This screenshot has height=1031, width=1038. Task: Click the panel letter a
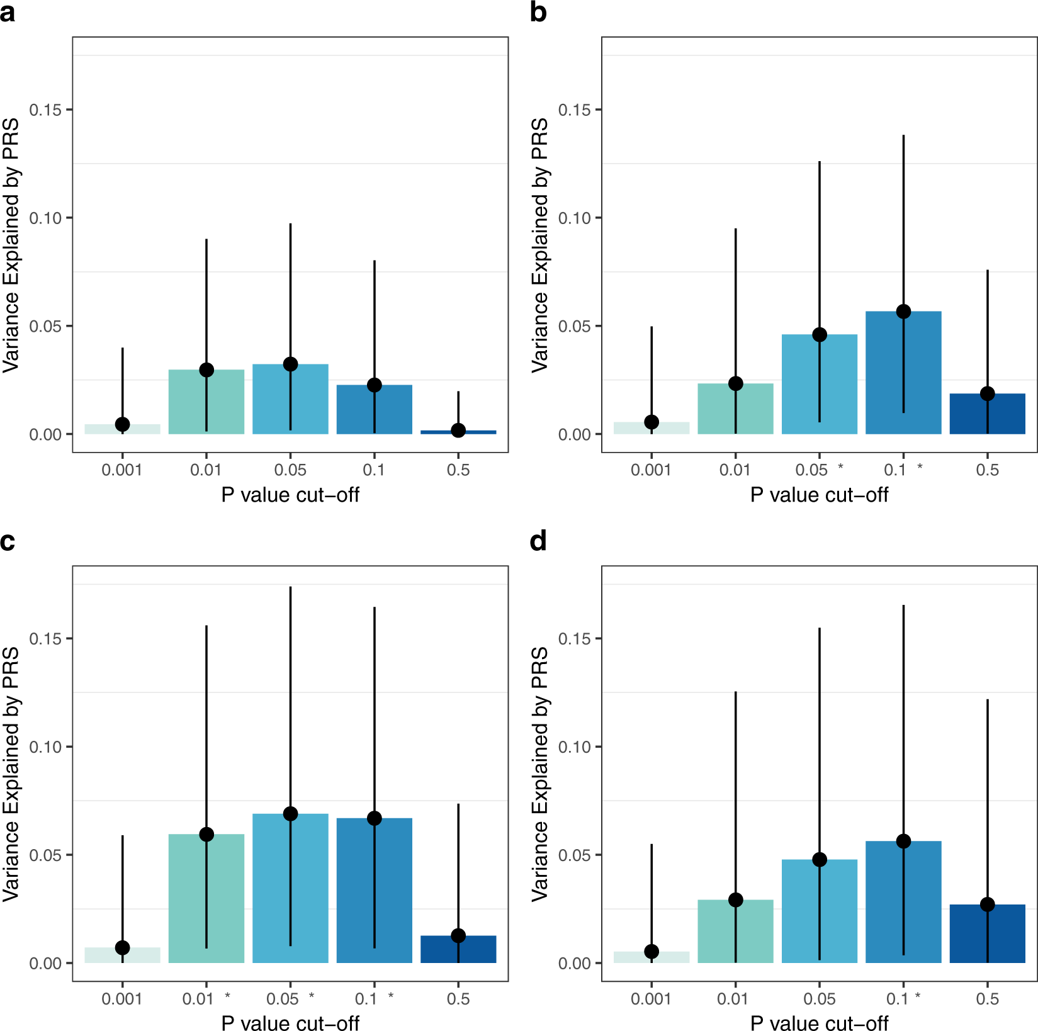click(8, 13)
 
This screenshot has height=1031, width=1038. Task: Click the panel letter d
click(538, 541)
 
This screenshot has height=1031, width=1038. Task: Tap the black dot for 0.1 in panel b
click(903, 312)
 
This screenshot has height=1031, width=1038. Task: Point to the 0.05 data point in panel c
click(290, 814)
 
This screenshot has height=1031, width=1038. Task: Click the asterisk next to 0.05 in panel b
click(840, 467)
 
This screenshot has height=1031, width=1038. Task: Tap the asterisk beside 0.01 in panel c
click(227, 996)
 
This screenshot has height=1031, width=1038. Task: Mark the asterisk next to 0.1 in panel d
click(918, 996)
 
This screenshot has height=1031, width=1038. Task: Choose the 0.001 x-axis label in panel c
click(122, 999)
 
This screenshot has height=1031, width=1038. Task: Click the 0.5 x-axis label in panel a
click(458, 470)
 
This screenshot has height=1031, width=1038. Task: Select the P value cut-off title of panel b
click(819, 495)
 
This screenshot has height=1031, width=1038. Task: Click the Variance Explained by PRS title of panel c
click(11, 774)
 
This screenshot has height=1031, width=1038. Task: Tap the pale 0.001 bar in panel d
click(652, 957)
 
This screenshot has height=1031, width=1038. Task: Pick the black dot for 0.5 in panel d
click(987, 904)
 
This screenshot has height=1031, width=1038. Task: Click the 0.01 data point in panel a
click(206, 369)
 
